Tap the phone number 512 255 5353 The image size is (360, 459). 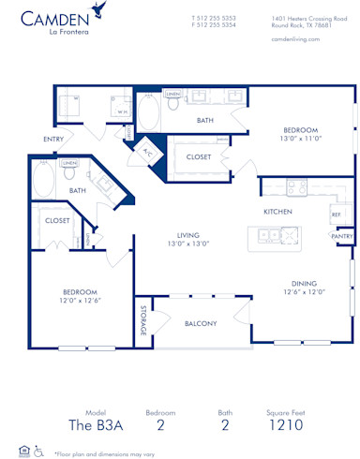point(216,17)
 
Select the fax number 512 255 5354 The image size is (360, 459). point(216,25)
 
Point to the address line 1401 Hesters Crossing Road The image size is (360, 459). point(312,17)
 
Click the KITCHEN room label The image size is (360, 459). point(278,213)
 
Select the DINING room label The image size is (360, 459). point(303,283)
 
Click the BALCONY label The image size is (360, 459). point(201,324)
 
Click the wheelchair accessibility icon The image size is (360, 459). point(38,451)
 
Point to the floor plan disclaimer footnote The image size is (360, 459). point(104,452)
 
